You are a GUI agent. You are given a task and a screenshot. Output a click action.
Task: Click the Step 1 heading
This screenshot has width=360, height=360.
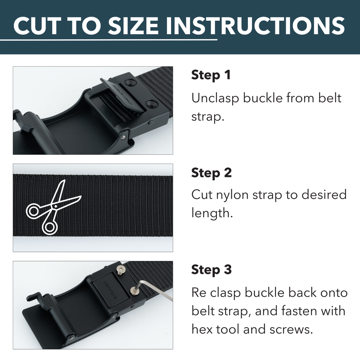click(211, 75)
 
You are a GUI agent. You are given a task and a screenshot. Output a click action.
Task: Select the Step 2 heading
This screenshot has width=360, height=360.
click(211, 172)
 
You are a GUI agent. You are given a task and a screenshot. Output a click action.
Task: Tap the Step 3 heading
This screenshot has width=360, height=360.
click(211, 270)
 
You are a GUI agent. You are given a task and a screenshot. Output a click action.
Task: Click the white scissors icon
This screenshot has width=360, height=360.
click(52, 206)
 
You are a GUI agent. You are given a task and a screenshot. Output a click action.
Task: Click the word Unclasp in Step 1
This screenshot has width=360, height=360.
click(215, 98)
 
